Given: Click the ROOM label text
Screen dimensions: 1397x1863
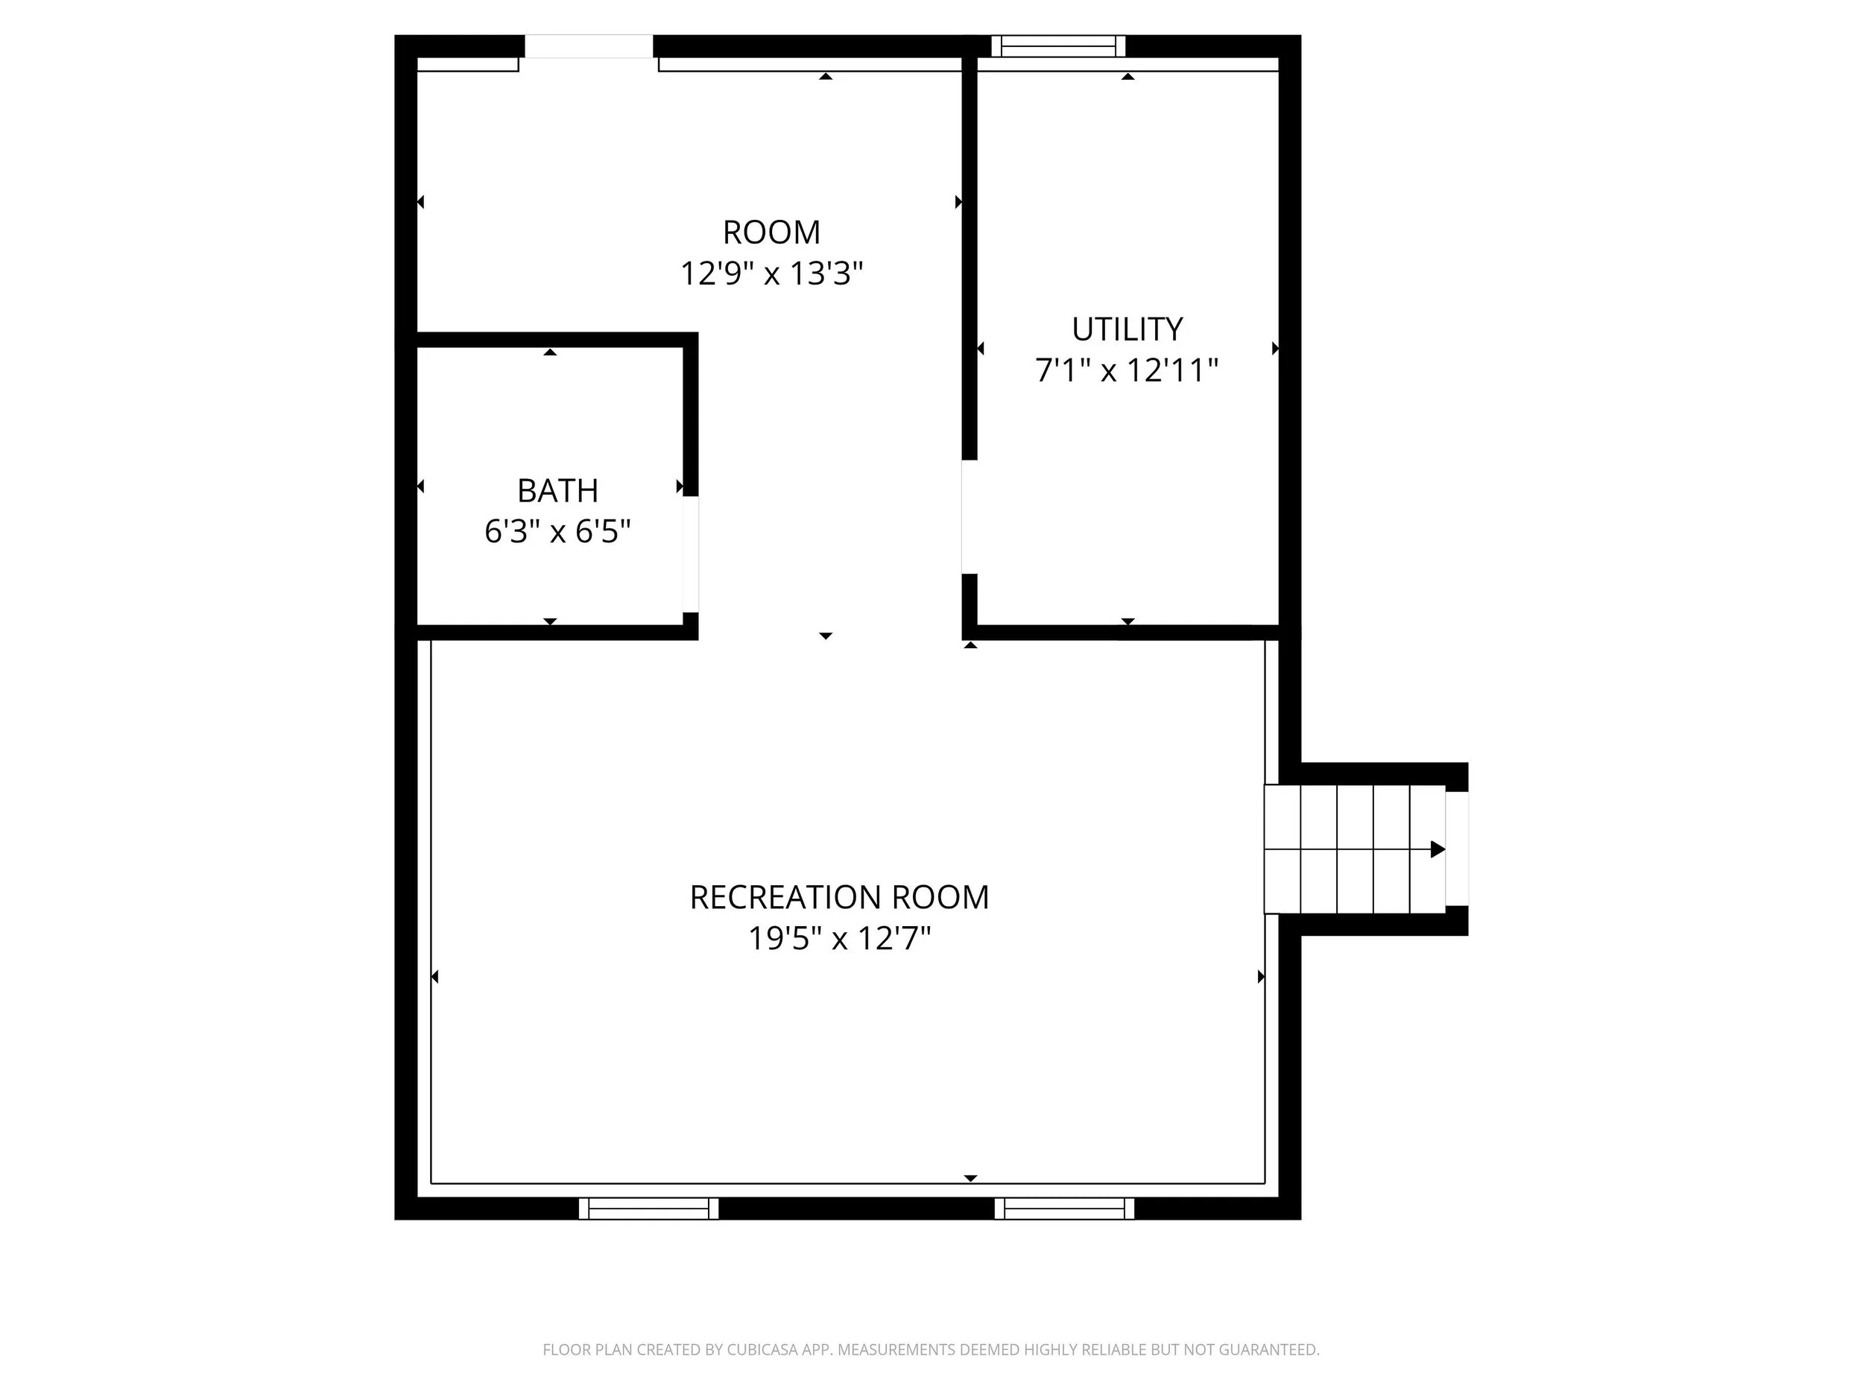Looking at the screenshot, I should click(x=771, y=232).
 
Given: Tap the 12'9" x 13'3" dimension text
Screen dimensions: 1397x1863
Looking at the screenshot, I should click(x=771, y=273).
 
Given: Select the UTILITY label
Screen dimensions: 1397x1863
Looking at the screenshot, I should click(x=1127, y=329).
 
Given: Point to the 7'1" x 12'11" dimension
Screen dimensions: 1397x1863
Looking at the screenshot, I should click(x=1127, y=370).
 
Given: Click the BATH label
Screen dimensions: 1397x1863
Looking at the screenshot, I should click(x=557, y=491).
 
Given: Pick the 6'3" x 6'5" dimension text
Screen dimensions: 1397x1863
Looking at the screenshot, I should click(x=557, y=532).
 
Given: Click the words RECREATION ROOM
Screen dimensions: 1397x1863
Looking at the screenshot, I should click(x=839, y=898).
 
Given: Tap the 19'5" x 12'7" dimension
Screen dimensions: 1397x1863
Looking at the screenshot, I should click(x=839, y=938).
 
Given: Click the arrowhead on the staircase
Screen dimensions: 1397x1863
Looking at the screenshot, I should click(x=1437, y=849).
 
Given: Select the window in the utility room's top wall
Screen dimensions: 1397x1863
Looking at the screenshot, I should click(x=1058, y=46).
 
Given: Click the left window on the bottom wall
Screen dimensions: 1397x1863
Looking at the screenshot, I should click(x=648, y=1208).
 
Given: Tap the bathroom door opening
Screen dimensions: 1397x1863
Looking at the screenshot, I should click(x=691, y=554).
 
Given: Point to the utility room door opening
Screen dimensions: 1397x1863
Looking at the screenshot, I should click(x=970, y=517).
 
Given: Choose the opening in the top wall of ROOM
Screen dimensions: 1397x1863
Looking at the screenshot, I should click(x=589, y=46).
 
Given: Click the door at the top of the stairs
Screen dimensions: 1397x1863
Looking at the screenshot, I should click(x=1457, y=849).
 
